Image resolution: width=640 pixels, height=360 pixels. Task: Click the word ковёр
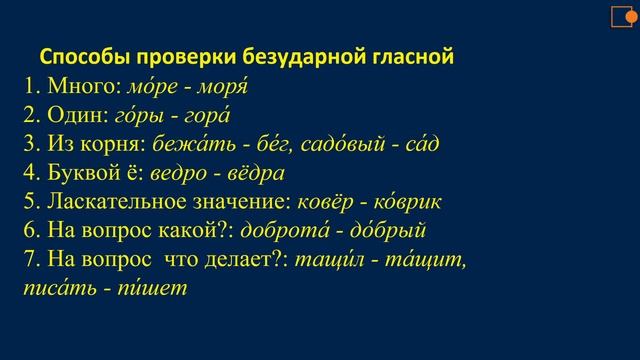(323, 202)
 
